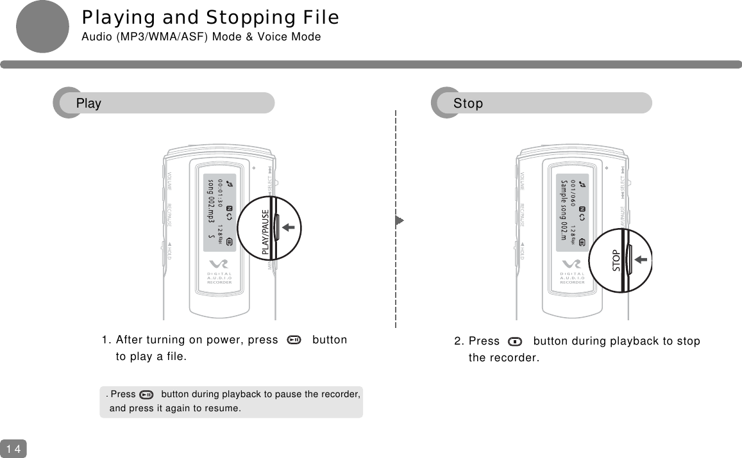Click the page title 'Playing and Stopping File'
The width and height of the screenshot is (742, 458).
click(x=210, y=17)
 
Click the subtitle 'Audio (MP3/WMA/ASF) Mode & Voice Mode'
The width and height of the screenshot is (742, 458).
click(x=201, y=37)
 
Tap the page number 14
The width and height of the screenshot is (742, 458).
click(x=13, y=448)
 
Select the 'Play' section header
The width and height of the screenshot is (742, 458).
click(x=89, y=103)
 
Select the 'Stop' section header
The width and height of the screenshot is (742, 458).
click(x=468, y=103)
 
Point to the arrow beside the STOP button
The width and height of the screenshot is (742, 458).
click(x=642, y=259)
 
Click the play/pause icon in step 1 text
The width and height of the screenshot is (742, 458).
click(x=294, y=340)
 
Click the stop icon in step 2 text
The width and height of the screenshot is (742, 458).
click(x=515, y=341)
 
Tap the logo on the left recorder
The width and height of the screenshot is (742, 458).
click(x=219, y=265)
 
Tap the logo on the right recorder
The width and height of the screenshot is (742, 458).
click(x=572, y=265)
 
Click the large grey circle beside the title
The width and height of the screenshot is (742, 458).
click(x=42, y=27)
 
